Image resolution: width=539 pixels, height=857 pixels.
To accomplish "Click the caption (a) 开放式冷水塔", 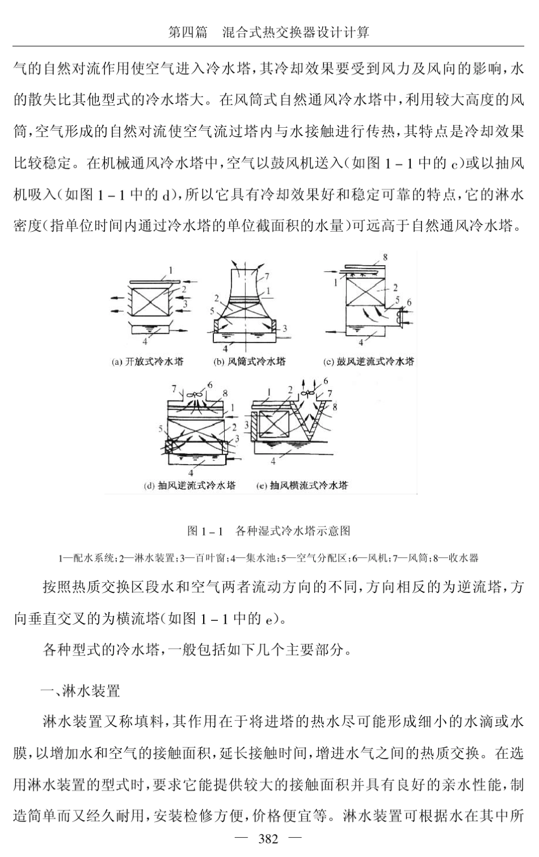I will click(148, 361).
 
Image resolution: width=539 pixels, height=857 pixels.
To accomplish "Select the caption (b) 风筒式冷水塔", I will click(249, 361).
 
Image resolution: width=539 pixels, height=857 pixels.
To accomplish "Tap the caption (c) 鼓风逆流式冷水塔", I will click(368, 361).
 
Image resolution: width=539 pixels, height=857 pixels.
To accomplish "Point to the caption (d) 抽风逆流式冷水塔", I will click(190, 485).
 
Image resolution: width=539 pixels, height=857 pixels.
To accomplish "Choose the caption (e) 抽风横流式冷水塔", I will click(302, 485).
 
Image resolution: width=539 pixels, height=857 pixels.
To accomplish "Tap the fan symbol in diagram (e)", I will click(310, 392).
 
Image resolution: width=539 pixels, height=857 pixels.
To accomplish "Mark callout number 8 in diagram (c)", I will click(386, 257).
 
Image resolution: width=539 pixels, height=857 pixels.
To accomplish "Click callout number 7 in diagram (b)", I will click(267, 277).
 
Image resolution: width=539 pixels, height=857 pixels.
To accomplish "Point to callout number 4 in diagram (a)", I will click(145, 341).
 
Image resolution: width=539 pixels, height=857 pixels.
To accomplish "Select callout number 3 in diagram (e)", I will click(246, 424).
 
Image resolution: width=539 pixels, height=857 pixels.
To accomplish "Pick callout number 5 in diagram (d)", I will click(161, 428).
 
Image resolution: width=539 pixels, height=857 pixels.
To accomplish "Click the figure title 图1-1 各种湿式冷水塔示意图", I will click(269, 531).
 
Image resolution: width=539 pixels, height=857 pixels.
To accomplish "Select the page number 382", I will click(268, 838).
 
